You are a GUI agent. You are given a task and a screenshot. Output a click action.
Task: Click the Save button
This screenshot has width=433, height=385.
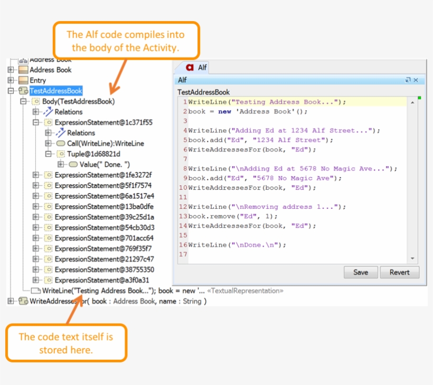click(361, 272)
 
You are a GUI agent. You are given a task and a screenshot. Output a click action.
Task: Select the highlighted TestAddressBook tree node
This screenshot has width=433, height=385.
click(56, 91)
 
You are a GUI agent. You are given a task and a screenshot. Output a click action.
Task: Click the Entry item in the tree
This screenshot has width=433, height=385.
click(38, 80)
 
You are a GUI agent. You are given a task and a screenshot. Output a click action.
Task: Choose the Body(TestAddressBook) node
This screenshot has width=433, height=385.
click(79, 101)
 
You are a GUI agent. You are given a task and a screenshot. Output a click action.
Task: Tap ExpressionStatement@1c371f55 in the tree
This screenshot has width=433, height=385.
click(103, 122)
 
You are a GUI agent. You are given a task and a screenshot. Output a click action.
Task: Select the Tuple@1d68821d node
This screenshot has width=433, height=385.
click(93, 153)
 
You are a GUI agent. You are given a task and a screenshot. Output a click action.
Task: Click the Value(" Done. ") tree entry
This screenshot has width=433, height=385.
click(105, 165)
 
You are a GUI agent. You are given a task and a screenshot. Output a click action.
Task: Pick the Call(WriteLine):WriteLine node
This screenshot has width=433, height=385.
click(106, 143)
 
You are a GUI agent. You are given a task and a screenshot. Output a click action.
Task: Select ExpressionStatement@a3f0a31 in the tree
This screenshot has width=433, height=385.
click(102, 280)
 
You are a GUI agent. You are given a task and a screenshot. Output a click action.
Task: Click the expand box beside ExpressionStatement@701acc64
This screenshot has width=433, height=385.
click(35, 238)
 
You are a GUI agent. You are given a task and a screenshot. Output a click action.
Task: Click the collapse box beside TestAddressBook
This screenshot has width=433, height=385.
click(11, 91)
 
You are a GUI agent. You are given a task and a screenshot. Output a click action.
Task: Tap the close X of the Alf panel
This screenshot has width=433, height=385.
click(416, 80)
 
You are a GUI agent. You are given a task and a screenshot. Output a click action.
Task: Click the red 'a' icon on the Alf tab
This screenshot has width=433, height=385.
click(190, 68)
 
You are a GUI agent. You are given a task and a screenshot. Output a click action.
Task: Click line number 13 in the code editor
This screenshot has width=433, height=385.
click(183, 216)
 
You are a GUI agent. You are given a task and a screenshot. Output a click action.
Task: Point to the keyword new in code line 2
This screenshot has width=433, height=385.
click(224, 111)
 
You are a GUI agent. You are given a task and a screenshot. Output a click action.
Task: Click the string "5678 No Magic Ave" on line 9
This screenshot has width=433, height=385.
click(293, 178)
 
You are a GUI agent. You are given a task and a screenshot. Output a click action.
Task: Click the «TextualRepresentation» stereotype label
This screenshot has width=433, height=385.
click(245, 291)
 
